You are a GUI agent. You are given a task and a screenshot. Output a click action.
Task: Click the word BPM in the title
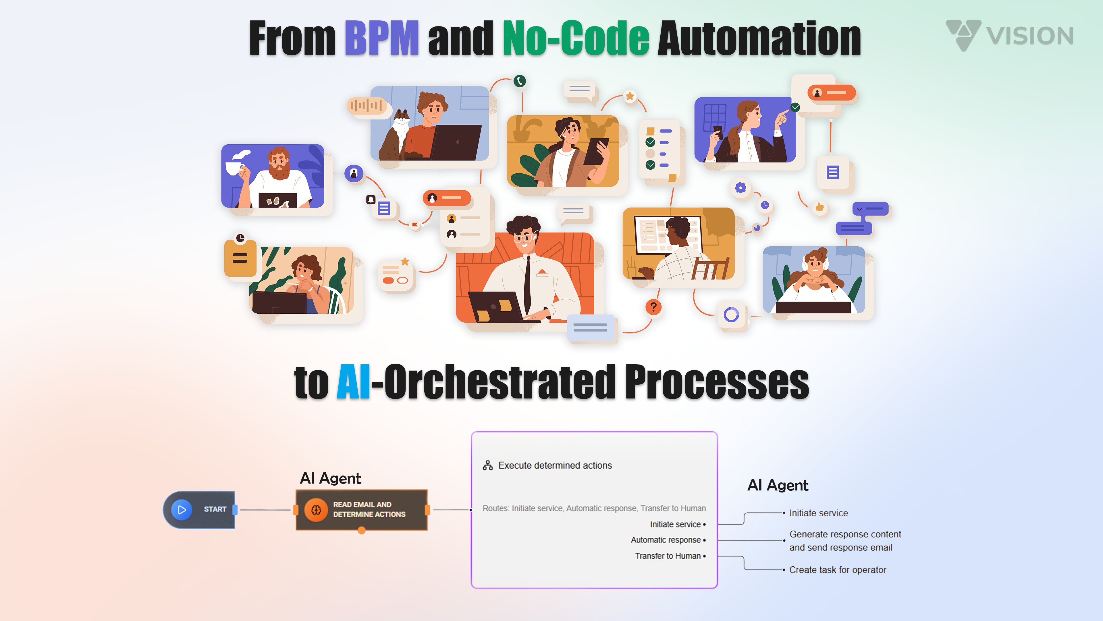381,39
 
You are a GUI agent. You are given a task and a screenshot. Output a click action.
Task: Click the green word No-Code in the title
575,39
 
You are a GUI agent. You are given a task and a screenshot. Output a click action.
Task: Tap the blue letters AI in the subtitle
353,382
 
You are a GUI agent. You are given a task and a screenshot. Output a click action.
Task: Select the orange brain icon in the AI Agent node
316,509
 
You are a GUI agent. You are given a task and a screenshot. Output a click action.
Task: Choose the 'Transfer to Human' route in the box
668,556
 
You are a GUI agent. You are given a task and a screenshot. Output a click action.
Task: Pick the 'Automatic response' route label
666,540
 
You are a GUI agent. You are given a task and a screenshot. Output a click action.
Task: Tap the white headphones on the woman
805,265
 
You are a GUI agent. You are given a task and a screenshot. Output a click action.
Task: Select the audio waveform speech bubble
367,106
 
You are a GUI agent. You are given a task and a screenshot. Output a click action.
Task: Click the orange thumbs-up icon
819,207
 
